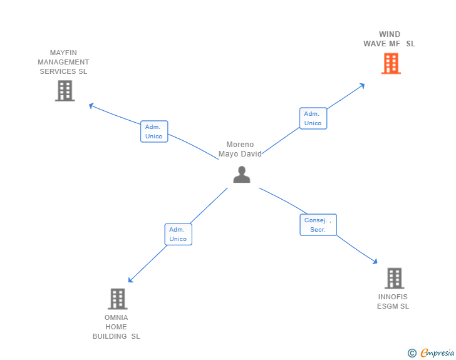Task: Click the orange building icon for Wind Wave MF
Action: (391, 63)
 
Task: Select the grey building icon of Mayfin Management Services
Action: (65, 91)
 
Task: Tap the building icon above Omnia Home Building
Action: (117, 299)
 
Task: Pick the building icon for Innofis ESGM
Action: (394, 278)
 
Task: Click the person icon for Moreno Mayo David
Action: (241, 175)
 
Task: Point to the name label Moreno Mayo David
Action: (240, 149)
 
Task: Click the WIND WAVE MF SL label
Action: (389, 39)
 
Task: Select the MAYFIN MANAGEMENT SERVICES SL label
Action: (63, 62)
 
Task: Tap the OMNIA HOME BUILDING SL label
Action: (117, 327)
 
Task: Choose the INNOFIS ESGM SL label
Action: (393, 301)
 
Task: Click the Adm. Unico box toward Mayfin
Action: (154, 131)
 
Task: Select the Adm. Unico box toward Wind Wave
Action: (313, 118)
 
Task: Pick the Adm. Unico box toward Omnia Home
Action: (178, 234)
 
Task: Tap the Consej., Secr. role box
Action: (318, 225)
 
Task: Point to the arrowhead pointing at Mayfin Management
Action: (91, 105)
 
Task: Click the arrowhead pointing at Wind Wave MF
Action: (362, 85)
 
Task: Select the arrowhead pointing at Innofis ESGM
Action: (375, 262)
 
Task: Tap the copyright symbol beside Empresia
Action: (412, 353)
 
